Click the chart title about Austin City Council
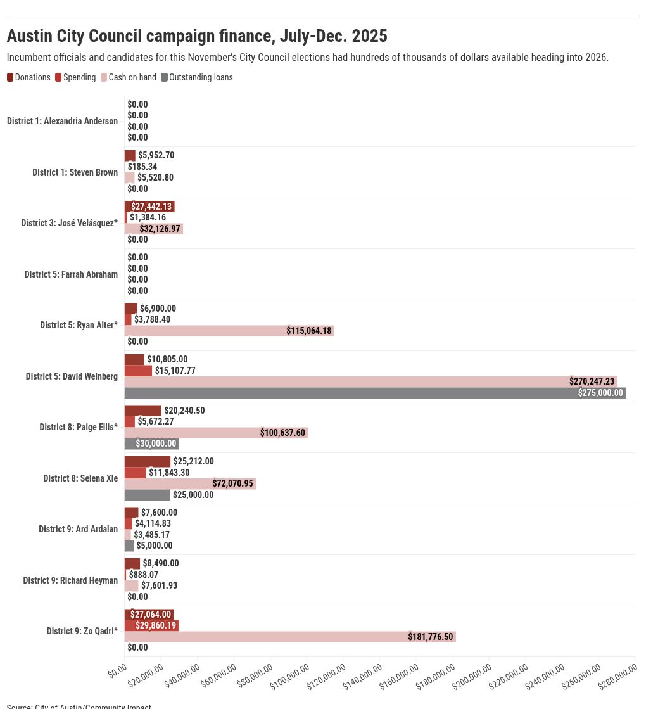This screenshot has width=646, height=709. pos(197,36)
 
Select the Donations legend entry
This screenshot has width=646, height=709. pos(28,77)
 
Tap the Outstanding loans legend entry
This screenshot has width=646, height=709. pos(197,77)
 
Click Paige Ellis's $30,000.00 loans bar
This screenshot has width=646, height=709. pos(151,444)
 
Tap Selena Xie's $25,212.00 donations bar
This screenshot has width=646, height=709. pos(147,461)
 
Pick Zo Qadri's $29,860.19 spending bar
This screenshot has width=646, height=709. pos(151,625)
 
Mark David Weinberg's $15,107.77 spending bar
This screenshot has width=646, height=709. pos(138,371)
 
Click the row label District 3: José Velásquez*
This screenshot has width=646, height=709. pos(70,223)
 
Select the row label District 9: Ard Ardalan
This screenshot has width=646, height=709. pos(78,529)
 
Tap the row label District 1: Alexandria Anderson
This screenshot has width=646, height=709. pos(62,121)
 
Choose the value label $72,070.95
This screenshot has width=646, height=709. pos(232,483)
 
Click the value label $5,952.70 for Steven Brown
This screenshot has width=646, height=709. pos(156,155)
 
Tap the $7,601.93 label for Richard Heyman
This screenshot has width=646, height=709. pos(159,585)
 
